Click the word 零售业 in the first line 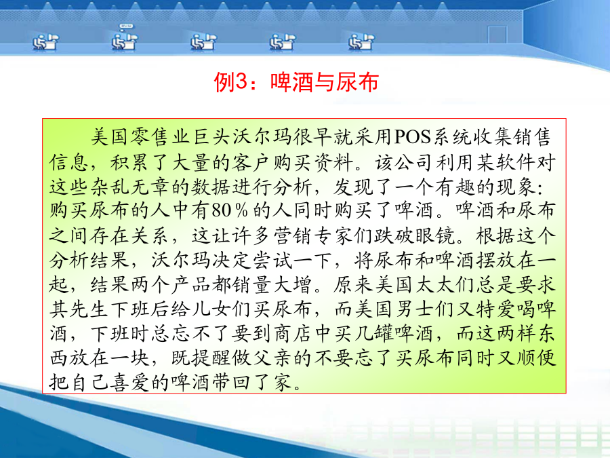pos(162,138)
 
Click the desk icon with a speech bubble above pos(125,37)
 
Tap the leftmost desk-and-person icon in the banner pos(45,41)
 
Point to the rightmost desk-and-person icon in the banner pos(361,41)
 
